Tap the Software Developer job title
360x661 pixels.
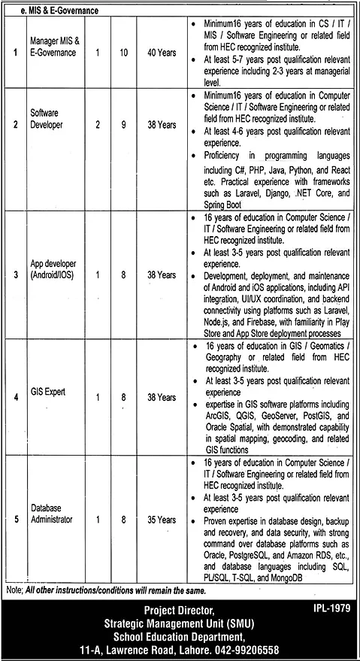47,119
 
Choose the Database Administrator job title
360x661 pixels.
52,514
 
